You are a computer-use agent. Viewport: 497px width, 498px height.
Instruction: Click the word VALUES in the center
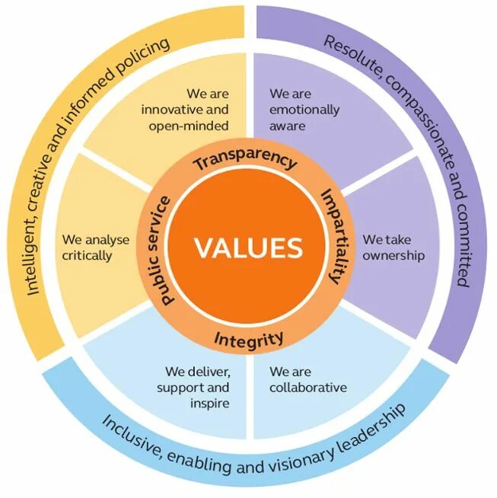pyautogui.click(x=248, y=247)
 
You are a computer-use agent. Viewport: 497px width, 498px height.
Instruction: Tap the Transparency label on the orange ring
pyautogui.click(x=244, y=161)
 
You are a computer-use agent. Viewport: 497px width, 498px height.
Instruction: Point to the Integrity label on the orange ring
pyautogui.click(x=249, y=337)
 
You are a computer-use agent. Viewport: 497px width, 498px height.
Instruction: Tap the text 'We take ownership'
pyautogui.click(x=393, y=247)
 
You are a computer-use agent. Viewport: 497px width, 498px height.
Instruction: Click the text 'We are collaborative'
pyautogui.click(x=307, y=380)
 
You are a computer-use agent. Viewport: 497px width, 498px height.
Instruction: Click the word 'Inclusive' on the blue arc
pyautogui.click(x=135, y=436)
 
